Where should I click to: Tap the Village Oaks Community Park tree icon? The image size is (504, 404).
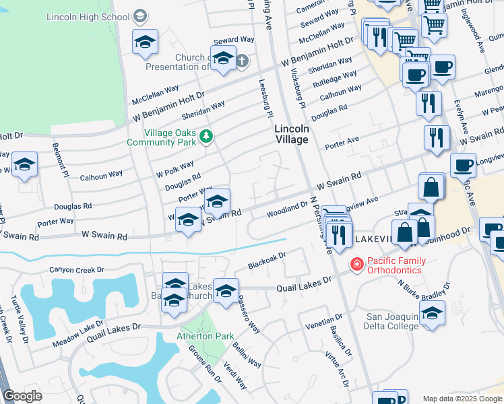pyautogui.click(x=207, y=137)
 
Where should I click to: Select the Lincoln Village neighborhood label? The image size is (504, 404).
pyautogui.click(x=291, y=134)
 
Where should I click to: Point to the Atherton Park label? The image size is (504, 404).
pyautogui.click(x=205, y=336)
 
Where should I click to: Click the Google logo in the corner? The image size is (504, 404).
pyautogui.click(x=22, y=396)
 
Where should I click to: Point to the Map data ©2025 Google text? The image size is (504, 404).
pyautogui.click(x=462, y=399)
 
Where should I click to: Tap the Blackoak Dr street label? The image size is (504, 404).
pyautogui.click(x=267, y=258)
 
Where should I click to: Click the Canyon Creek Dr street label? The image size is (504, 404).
pyautogui.click(x=77, y=270)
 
